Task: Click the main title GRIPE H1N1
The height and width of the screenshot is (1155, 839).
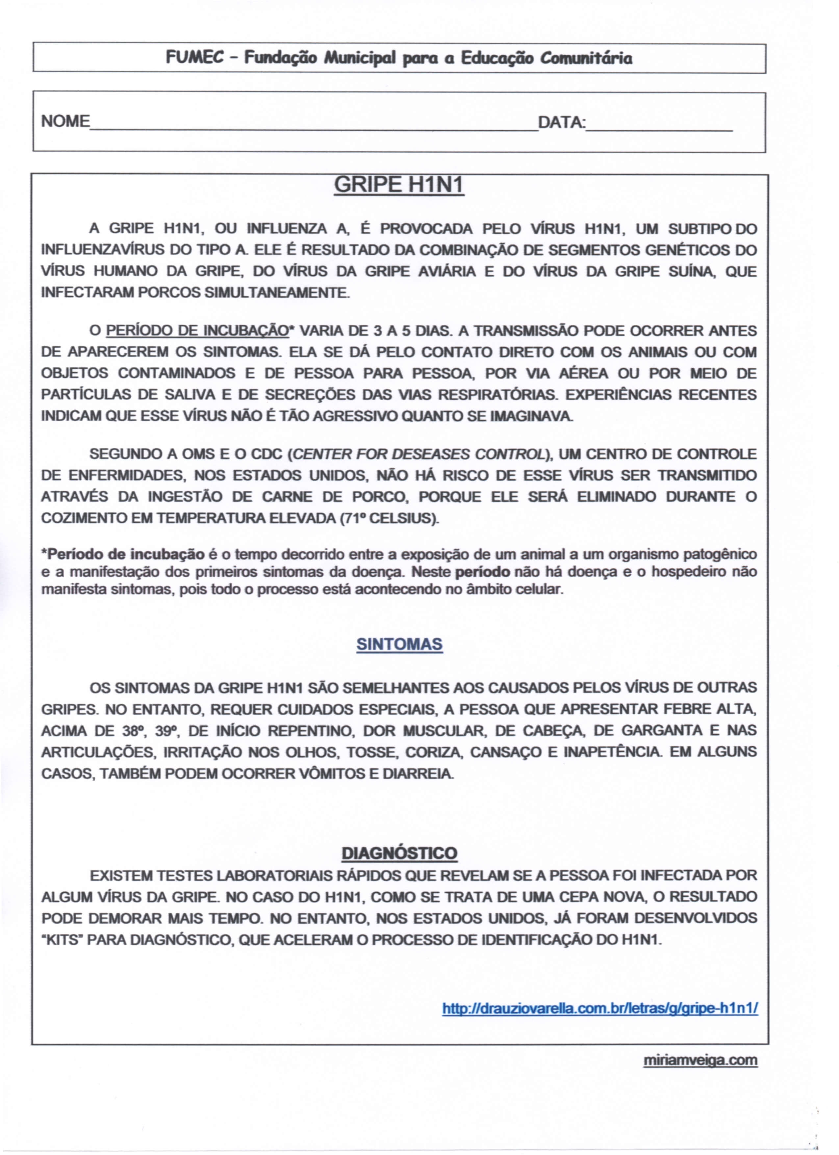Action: coord(399,186)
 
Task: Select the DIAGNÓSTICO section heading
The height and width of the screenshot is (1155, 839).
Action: coord(399,853)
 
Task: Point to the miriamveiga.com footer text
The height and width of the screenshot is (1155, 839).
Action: coord(700,1061)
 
